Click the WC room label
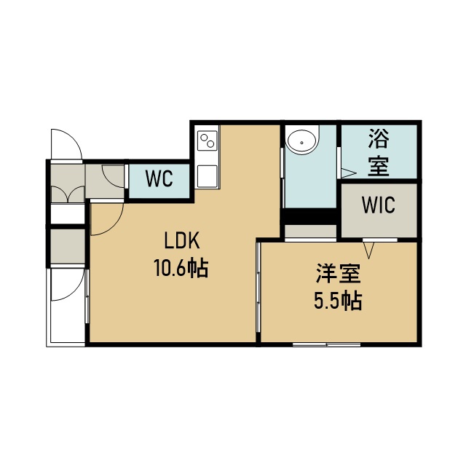159,178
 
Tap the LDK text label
182,241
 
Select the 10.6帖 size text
181,268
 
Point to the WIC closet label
379,205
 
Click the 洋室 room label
338,274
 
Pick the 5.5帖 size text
338,301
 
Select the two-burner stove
208,141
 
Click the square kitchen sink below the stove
208,176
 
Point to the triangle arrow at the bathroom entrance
348,173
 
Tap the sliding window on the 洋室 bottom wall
327,344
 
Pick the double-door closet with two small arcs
68,194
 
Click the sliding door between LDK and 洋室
258,287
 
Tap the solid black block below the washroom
309,216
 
